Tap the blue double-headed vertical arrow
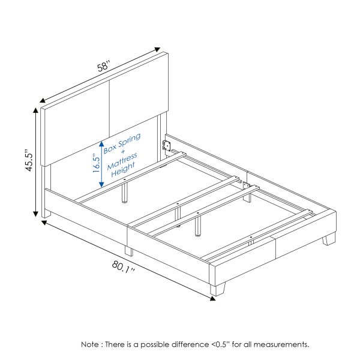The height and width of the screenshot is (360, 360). pos(102,163)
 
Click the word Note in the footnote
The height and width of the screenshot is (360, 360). pos(91,345)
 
